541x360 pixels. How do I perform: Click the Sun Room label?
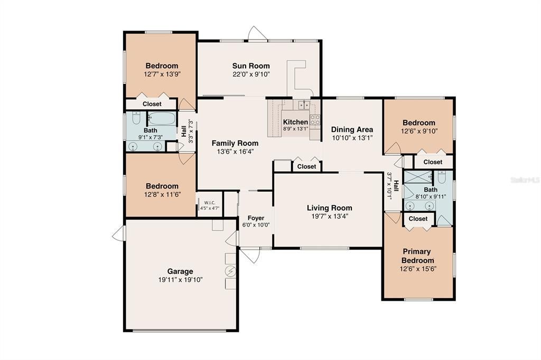click(251, 66)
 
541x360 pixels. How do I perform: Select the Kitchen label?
click(295, 122)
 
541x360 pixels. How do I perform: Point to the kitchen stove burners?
click(315, 120)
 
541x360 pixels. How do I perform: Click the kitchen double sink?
click(303, 105)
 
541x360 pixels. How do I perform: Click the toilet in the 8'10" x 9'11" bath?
click(442, 175)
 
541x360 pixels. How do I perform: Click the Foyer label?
click(256, 217)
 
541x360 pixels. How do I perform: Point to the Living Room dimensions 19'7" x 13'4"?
click(329, 216)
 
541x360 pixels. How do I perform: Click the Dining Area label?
click(352, 129)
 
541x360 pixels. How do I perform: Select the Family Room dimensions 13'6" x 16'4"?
click(235, 151)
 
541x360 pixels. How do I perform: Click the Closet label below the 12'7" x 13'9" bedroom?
click(152, 104)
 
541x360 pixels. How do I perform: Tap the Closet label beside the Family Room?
click(306, 166)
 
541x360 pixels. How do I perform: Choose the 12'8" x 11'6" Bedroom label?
click(162, 186)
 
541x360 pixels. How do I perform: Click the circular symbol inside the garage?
click(230, 271)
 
